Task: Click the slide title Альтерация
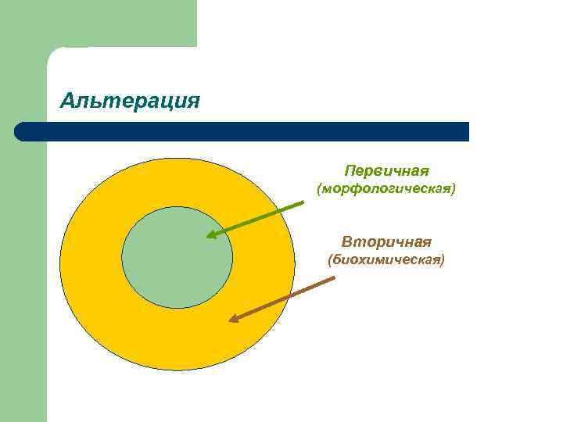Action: coord(130,101)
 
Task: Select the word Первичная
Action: coord(387,170)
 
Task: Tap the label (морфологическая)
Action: coord(385,190)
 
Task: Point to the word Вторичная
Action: coord(386,241)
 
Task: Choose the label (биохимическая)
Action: coord(386,260)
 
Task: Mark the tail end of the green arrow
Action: coord(304,202)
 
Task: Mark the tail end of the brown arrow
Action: coord(334,278)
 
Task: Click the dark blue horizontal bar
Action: coord(242,131)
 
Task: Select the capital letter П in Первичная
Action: coord(349,170)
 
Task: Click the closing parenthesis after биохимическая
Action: coord(443,260)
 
